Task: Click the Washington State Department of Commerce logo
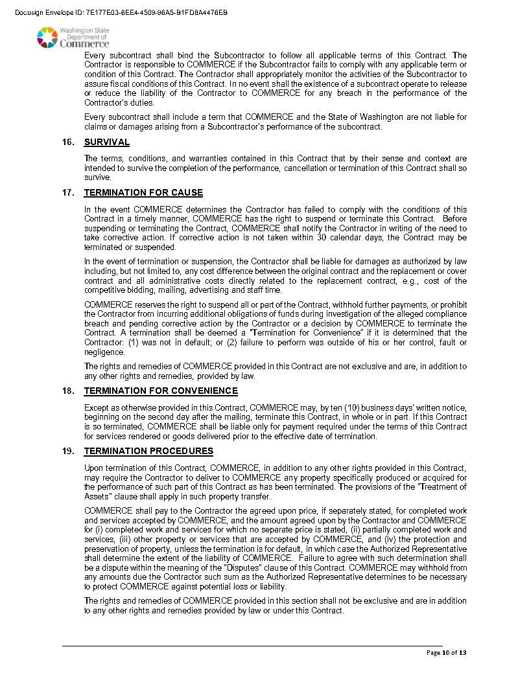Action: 73,38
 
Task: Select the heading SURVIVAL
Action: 107,142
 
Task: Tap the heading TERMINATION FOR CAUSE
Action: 143,193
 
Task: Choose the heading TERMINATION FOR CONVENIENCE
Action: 161,391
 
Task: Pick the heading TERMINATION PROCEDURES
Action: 148,451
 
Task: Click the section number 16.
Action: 68,142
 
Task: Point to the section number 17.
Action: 68,193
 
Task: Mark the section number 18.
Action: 68,391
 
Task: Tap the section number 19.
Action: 68,451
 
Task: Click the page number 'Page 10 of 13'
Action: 446,653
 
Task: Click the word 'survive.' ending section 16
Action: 98,177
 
